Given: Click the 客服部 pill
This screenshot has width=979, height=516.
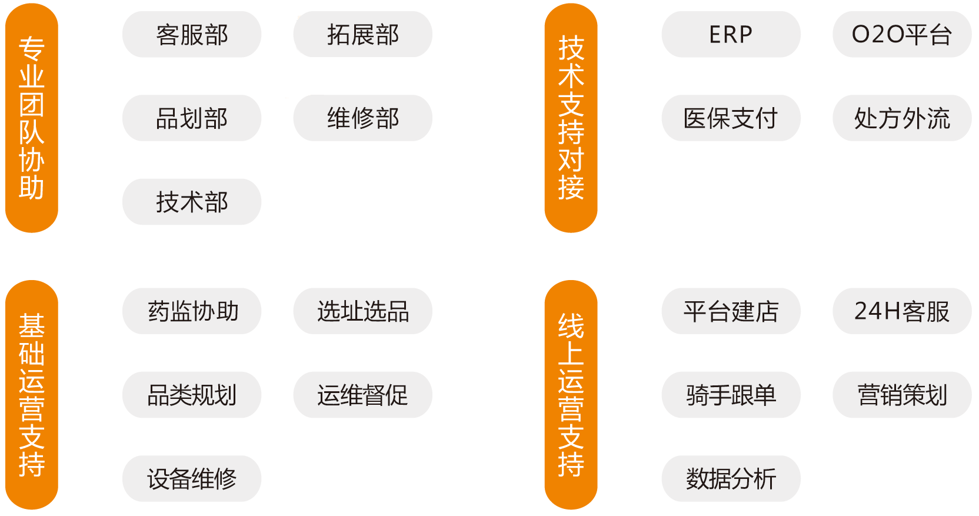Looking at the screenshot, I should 192,35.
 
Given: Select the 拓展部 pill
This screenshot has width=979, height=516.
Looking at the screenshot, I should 362,35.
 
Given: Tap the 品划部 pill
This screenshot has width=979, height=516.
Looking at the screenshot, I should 192,118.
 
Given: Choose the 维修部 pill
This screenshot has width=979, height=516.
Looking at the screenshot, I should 362,118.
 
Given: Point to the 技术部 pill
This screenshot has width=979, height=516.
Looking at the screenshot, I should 192,202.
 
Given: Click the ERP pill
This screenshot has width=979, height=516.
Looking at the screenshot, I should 731,35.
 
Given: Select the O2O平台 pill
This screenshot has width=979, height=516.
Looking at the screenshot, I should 901,35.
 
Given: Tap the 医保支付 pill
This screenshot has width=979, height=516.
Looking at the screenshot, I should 731,118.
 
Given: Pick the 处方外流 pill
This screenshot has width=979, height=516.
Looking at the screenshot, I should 901,118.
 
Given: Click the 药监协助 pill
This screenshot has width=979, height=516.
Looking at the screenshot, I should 192,311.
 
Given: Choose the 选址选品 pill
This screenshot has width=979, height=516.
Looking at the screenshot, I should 362,311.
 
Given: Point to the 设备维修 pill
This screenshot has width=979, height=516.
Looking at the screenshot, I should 192,478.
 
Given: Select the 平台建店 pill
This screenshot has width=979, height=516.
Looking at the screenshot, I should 731,311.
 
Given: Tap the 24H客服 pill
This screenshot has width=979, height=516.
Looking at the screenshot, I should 901,311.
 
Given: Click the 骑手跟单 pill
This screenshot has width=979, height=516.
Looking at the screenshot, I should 731,395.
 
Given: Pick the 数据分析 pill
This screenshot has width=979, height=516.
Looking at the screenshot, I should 731,478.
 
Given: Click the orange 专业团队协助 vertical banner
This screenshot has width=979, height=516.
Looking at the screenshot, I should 32,118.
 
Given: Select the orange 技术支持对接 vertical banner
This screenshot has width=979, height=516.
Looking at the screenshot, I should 571,118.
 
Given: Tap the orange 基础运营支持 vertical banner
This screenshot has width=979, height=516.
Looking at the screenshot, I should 32,395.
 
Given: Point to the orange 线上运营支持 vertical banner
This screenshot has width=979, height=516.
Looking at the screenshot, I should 571,395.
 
